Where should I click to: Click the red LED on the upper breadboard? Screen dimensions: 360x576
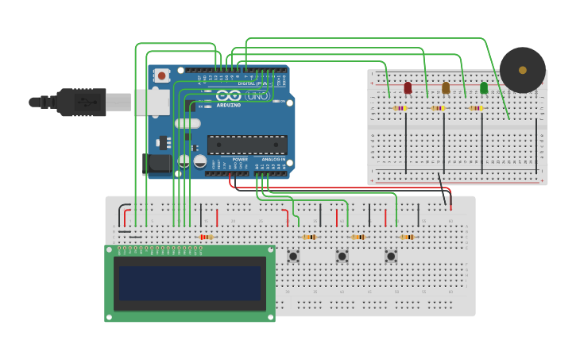click(x=408, y=87)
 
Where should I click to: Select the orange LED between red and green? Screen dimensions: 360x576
click(x=446, y=87)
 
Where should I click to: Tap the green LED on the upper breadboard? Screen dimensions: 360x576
click(x=484, y=87)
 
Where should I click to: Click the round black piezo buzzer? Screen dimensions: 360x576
click(x=522, y=70)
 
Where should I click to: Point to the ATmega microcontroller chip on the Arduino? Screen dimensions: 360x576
click(x=247, y=145)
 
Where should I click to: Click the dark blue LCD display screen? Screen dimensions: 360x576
click(x=190, y=284)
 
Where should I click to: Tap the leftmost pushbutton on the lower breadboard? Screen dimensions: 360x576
click(x=293, y=256)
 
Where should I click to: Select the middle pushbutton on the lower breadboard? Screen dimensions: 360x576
click(x=342, y=256)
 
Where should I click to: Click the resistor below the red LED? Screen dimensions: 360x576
click(x=400, y=108)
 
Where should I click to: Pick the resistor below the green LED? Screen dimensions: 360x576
click(x=476, y=108)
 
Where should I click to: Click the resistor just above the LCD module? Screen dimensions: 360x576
click(x=206, y=237)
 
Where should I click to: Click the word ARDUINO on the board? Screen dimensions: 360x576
click(x=228, y=105)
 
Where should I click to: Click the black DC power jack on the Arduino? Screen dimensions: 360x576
click(x=157, y=164)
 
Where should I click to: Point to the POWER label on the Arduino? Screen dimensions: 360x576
click(x=240, y=160)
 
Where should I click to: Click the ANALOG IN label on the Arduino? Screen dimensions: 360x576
click(x=273, y=160)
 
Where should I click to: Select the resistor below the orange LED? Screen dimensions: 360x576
click(x=438, y=108)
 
